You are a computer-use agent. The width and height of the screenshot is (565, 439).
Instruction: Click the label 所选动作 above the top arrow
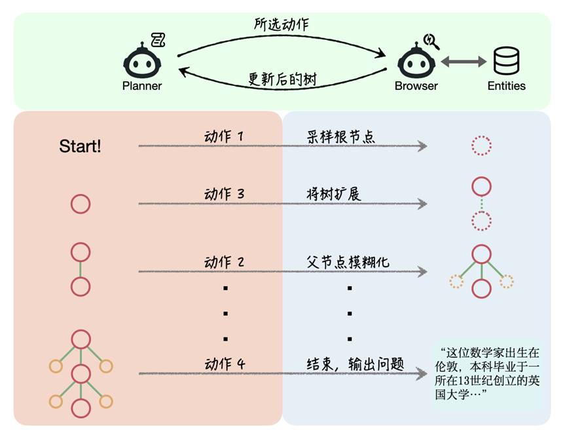click(x=281, y=24)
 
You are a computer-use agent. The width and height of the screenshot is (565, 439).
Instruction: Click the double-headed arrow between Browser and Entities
click(x=464, y=62)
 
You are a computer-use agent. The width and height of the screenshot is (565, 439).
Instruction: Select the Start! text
click(x=80, y=146)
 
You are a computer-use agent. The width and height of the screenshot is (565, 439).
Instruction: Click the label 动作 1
click(x=224, y=137)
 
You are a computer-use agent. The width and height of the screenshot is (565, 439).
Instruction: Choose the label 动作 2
click(x=224, y=262)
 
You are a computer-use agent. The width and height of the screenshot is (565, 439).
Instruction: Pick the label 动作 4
click(x=224, y=364)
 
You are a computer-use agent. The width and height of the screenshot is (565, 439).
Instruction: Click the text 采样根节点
click(x=340, y=137)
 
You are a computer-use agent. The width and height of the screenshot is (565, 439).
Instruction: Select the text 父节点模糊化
click(x=348, y=262)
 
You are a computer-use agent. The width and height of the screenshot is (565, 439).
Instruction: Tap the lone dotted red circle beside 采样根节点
click(x=481, y=145)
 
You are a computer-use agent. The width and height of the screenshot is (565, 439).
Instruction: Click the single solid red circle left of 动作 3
click(x=80, y=204)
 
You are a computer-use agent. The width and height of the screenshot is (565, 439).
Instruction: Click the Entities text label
click(x=506, y=86)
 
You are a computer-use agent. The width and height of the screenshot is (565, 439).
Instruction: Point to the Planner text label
click(x=141, y=86)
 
